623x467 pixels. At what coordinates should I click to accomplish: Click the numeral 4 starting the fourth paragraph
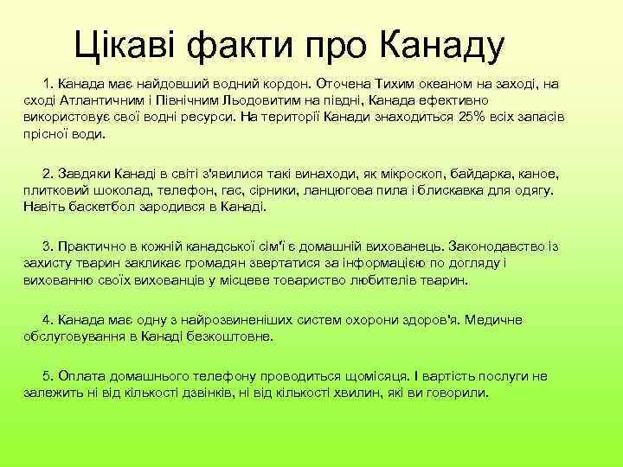click(x=46, y=320)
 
